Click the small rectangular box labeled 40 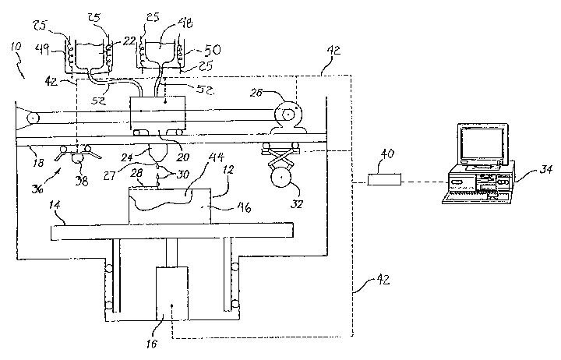(386, 181)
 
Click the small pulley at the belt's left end (31, 119)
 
